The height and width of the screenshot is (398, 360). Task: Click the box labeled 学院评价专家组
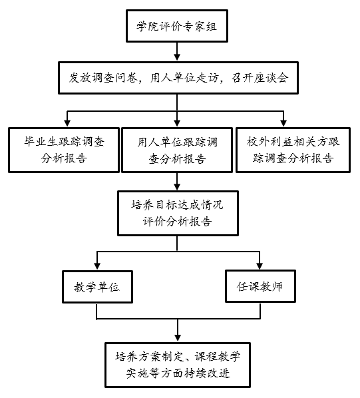(x=177, y=26)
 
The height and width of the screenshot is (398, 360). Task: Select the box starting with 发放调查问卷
(x=178, y=78)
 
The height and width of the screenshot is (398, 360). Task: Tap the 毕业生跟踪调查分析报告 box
(x=64, y=150)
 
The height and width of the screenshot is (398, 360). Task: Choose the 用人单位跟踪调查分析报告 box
(x=177, y=150)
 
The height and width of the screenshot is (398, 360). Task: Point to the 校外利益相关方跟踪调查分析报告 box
(x=293, y=150)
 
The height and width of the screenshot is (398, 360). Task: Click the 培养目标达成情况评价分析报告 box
(x=178, y=213)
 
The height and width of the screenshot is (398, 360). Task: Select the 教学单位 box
(x=97, y=287)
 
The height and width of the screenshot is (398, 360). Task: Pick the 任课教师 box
(x=260, y=286)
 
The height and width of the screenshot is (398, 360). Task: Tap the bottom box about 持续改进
(x=178, y=365)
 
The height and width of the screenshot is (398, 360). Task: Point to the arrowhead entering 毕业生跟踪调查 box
(x=67, y=123)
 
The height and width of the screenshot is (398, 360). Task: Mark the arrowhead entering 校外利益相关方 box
(x=283, y=123)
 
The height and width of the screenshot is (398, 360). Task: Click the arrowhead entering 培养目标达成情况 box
(x=177, y=186)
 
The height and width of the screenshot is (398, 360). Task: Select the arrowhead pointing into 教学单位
(x=97, y=266)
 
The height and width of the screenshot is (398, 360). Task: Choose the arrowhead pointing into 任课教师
(x=260, y=266)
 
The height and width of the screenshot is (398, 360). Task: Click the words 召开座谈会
(x=260, y=78)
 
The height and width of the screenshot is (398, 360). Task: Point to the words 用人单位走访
(x=184, y=78)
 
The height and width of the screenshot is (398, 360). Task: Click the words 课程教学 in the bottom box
(x=218, y=357)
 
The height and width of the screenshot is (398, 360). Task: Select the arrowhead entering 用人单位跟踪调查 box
(x=177, y=123)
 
